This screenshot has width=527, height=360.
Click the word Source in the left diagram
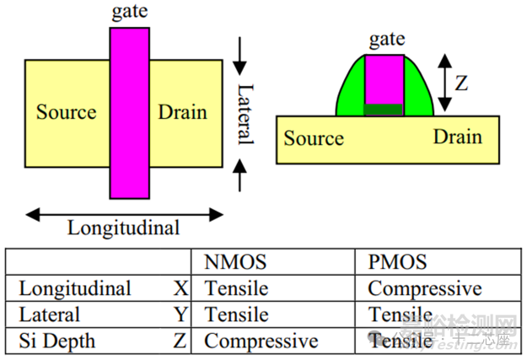pyautogui.click(x=66, y=112)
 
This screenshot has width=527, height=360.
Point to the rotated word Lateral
pyautogui.click(x=244, y=113)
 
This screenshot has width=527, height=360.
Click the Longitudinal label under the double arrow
pyautogui.click(x=123, y=228)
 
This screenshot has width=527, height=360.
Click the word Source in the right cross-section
pyautogui.click(x=314, y=137)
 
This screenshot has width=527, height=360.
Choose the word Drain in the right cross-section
pyautogui.click(x=458, y=137)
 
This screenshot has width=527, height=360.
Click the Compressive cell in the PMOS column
pyautogui.click(x=424, y=288)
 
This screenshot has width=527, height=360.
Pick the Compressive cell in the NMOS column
pyautogui.click(x=261, y=341)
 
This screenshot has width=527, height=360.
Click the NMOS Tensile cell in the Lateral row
pyautogui.click(x=236, y=314)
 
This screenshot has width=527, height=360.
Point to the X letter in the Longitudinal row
pyautogui.click(x=180, y=288)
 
